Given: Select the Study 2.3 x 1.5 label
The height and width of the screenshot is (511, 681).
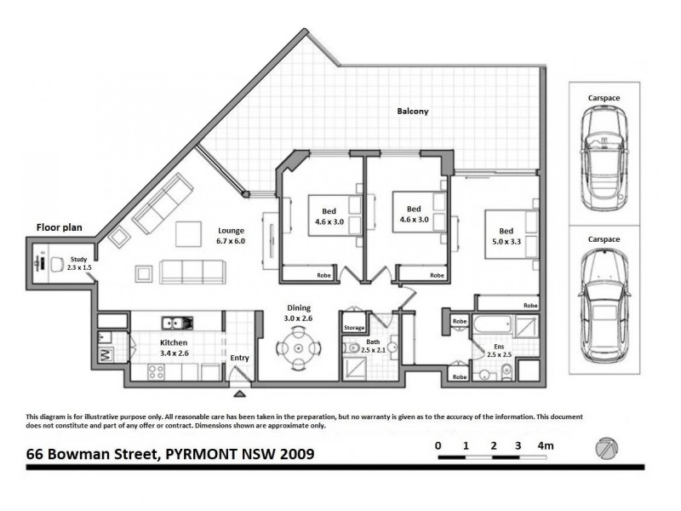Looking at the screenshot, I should point(80,263).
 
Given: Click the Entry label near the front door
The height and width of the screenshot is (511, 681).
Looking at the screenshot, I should point(240,359).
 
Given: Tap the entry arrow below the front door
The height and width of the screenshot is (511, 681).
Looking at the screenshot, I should point(241,393).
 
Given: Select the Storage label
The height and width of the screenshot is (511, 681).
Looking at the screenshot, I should point(354,328).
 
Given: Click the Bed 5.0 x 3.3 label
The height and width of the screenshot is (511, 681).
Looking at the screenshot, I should point(506,236).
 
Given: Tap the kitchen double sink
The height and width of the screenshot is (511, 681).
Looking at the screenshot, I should point(180,324).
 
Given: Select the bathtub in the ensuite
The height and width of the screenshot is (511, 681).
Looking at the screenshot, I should point(493,326).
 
